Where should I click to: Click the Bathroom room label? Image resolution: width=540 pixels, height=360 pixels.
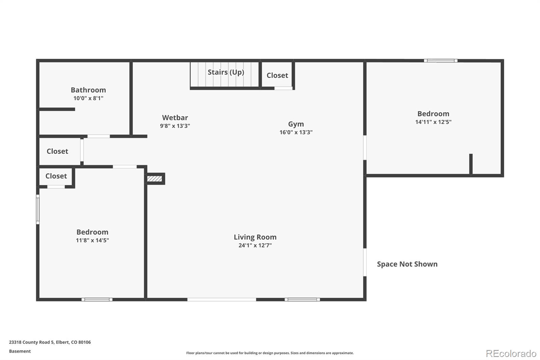point(88,90)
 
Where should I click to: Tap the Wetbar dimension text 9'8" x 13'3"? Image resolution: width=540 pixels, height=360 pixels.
point(175,126)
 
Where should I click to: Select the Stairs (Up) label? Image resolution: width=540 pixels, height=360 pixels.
point(226,72)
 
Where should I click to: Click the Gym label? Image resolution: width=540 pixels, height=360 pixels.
point(296,124)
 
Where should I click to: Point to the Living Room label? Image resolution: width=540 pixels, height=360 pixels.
point(255,237)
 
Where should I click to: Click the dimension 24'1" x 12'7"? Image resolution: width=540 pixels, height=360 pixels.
point(255,246)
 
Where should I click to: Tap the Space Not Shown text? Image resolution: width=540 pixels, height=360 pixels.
point(407,264)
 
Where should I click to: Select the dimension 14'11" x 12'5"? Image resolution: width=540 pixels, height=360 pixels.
point(433,122)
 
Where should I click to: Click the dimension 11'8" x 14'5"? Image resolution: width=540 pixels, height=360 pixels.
point(92,240)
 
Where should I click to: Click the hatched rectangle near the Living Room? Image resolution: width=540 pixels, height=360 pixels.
point(155,179)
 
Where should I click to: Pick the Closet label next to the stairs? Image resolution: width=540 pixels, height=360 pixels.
point(277,75)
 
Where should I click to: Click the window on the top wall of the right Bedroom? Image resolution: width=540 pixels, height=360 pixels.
point(441,60)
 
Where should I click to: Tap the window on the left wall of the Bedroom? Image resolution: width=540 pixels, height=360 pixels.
point(37,209)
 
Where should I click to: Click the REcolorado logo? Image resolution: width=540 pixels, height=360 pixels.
point(511,354)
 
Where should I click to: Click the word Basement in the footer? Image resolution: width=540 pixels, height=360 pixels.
point(20,351)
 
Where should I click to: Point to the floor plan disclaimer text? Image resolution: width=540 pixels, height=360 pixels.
point(270,353)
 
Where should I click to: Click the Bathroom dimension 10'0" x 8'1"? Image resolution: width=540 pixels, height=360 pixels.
point(88,98)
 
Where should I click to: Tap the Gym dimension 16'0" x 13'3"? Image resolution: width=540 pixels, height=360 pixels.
point(296,132)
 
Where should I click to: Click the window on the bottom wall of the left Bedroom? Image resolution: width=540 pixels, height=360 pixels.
point(97,300)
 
